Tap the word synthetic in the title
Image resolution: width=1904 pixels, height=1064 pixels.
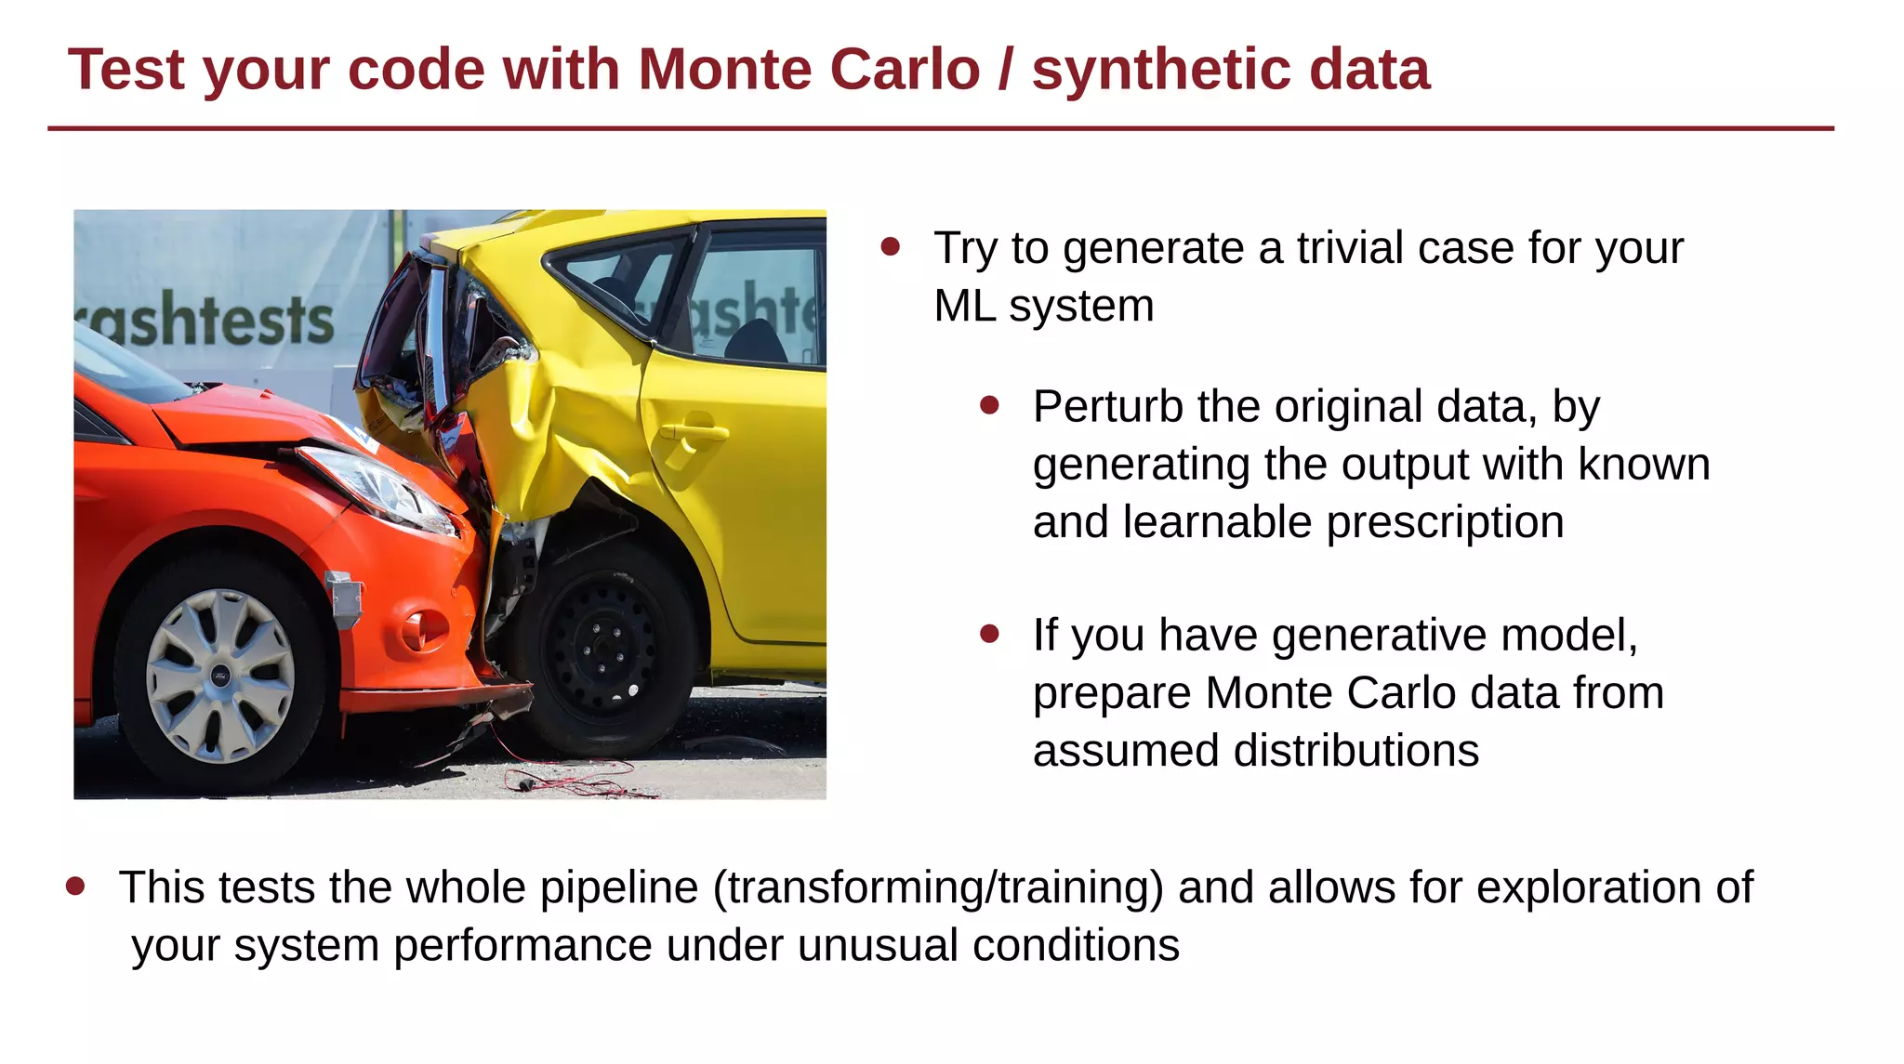[1159, 70]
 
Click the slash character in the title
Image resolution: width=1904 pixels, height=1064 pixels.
[1005, 70]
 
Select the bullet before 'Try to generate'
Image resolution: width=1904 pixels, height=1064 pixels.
[891, 246]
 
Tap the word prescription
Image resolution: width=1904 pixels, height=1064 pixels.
[1445, 522]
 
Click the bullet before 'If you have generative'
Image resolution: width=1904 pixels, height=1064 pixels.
[989, 634]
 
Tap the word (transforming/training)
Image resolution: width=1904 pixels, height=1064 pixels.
[938, 887]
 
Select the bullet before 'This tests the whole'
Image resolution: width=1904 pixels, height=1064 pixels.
[76, 887]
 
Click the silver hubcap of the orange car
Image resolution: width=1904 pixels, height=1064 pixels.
[220, 675]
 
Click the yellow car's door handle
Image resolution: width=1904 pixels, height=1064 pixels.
[693, 433]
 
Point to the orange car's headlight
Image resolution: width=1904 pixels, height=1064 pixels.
[381, 489]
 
